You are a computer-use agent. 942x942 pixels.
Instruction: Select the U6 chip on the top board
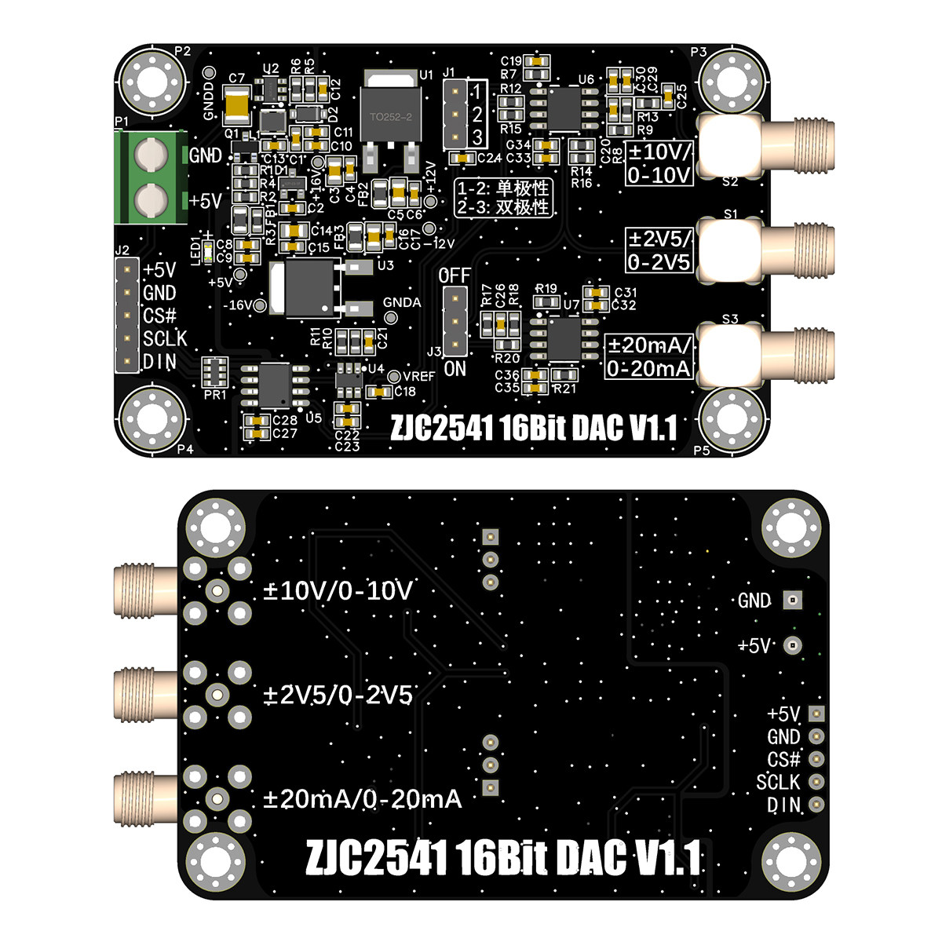(563, 108)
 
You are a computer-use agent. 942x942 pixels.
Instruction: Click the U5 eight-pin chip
(275, 385)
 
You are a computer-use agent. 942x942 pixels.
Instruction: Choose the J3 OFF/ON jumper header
(455, 322)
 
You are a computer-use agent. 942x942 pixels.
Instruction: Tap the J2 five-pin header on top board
(126, 316)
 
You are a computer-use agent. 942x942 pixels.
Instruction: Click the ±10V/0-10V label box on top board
(659, 162)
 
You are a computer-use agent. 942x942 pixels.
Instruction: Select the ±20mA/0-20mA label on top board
(649, 356)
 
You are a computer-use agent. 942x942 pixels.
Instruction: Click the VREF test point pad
(395, 376)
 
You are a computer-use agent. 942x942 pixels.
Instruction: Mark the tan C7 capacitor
(236, 105)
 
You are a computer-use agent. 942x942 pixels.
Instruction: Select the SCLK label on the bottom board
(777, 782)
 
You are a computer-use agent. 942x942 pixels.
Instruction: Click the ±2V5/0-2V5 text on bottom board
(338, 695)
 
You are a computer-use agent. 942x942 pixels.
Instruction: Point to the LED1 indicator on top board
(207, 252)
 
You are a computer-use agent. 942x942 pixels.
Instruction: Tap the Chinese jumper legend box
(503, 198)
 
